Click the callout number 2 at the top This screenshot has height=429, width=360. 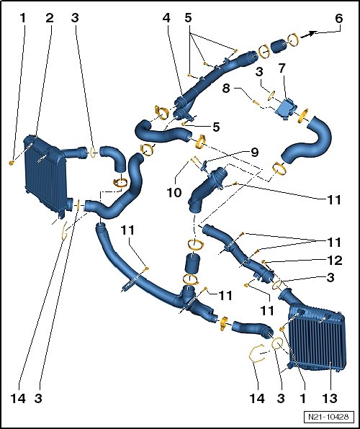coord(50,18)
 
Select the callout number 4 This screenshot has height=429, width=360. coord(167,18)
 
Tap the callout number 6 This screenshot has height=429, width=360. coord(339,19)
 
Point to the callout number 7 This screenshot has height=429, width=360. coord(282,68)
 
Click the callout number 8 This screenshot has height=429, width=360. coord(226,88)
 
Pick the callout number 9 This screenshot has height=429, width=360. coord(255,152)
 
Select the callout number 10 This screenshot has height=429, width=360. coord(174,193)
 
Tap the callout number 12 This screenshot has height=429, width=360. coord(334,260)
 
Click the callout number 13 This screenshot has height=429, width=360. coord(330,398)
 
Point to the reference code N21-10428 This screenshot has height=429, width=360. coord(328,417)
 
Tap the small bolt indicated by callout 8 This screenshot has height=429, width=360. coord(256,103)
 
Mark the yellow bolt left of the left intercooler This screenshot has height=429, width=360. coord(12,163)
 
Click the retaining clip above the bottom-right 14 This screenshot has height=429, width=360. coord(256,353)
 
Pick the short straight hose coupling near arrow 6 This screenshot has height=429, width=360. coord(279,46)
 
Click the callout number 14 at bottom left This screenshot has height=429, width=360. coord(18,398)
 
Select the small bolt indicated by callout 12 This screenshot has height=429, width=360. coord(264,262)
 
